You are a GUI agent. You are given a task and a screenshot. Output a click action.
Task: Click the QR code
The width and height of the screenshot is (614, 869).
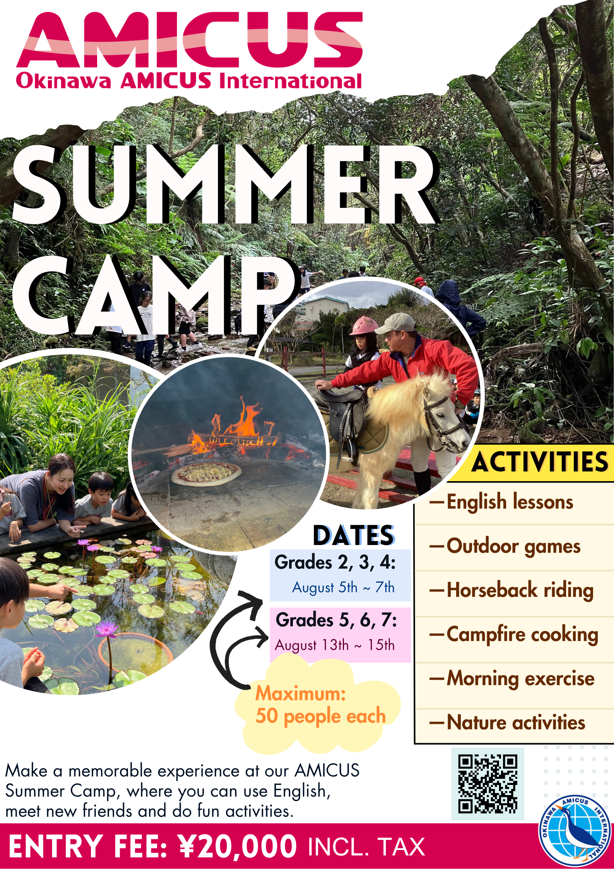tap(487, 784)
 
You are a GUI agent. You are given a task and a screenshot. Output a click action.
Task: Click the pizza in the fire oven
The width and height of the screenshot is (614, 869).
tap(206, 473)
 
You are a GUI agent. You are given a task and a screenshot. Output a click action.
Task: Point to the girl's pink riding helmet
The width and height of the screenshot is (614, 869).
tap(364, 326)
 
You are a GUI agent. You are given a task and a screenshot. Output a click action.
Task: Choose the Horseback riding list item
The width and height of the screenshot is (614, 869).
tap(511, 591)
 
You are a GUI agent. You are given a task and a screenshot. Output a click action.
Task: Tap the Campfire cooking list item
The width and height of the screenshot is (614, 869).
tap(514, 635)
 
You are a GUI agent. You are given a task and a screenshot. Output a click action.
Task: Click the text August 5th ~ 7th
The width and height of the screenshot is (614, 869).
tap(343, 587)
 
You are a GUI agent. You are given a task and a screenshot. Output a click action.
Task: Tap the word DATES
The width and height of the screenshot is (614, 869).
tap(353, 536)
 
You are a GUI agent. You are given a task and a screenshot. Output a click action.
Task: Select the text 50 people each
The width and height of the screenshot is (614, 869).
tap(321, 716)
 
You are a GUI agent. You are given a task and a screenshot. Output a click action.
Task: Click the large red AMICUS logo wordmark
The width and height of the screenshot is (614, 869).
tap(190, 39)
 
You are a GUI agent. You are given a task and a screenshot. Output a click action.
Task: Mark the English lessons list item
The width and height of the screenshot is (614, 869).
tap(501, 502)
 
